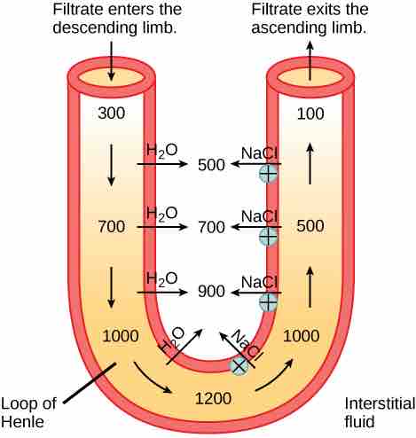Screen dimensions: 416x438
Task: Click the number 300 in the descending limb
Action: (x=112, y=113)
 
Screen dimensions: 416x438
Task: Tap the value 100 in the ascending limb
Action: (x=310, y=113)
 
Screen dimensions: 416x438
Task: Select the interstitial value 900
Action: (x=211, y=291)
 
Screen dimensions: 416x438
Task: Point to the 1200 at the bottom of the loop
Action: (x=213, y=398)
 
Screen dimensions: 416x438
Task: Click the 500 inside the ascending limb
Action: (x=310, y=226)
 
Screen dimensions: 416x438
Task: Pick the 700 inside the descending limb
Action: (x=112, y=227)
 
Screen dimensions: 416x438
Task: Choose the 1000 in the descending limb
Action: (x=121, y=336)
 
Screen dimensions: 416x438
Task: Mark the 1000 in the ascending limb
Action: (x=302, y=336)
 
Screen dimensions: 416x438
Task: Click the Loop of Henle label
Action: (x=28, y=412)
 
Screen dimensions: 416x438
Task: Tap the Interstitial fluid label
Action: (x=380, y=412)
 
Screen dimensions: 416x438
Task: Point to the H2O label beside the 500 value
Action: (x=162, y=151)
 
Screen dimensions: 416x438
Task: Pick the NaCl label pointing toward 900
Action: (x=259, y=282)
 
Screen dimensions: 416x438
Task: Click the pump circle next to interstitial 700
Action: (x=268, y=237)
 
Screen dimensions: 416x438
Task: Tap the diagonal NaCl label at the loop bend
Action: (x=247, y=345)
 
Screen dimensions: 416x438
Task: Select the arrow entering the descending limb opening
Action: (x=111, y=61)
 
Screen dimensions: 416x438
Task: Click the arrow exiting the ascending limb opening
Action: (x=310, y=60)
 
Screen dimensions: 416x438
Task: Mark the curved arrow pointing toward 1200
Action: (x=153, y=378)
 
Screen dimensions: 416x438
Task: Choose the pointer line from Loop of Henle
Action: (x=90, y=383)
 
